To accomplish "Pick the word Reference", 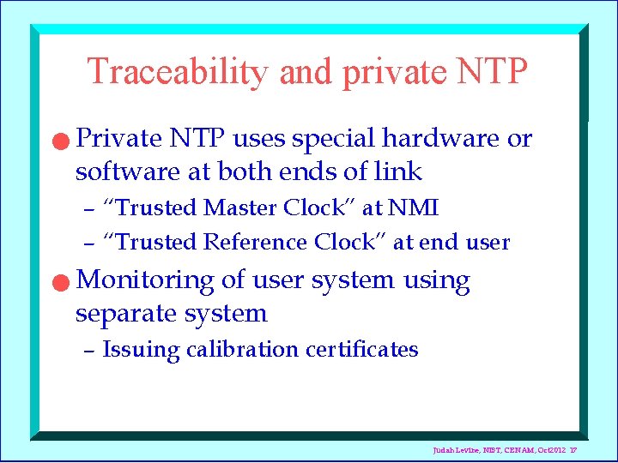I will tap(256, 243).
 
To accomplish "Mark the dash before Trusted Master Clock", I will tap(88, 209).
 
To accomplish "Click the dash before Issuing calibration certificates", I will tap(88, 351).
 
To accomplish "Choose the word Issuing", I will tap(142, 351).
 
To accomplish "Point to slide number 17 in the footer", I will tap(572, 451).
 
